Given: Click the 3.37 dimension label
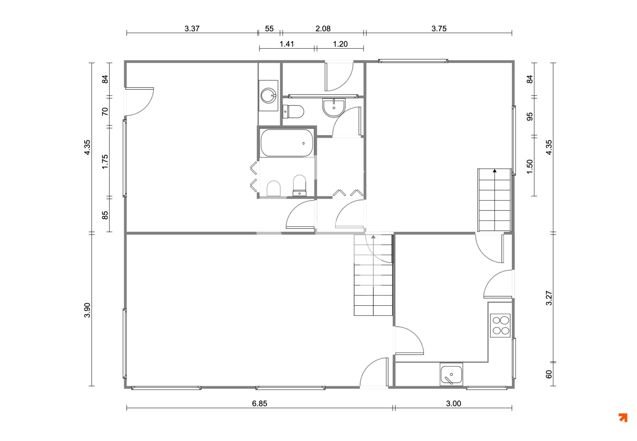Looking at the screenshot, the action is pos(192,29).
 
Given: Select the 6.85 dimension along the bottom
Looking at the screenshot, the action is pos(260,404).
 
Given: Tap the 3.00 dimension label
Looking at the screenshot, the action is pos(454,404).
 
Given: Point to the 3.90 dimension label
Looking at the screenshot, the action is pos(87,310).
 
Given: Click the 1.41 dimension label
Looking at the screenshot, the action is pos(287,44).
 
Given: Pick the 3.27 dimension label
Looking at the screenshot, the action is pos(549,298).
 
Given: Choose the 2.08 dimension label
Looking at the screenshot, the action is pos(323,29).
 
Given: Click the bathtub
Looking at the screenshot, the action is pos(287,143).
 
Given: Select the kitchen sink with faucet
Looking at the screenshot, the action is pos(451,374).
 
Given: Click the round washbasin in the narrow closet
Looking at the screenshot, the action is pos(268,95).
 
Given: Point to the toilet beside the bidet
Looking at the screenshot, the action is pos(299,185).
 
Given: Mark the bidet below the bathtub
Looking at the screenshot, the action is pos(274,188).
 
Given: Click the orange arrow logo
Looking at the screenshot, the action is pos(623,417).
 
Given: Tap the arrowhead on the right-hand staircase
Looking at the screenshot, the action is pos(495,171).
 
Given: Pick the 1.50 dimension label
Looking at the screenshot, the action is pos(530,167).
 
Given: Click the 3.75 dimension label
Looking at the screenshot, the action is pos(439,29).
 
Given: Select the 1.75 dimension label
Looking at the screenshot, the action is pos(105,162).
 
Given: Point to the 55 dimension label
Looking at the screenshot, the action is pos(269,29).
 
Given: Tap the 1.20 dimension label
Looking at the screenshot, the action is pos(340,44).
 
